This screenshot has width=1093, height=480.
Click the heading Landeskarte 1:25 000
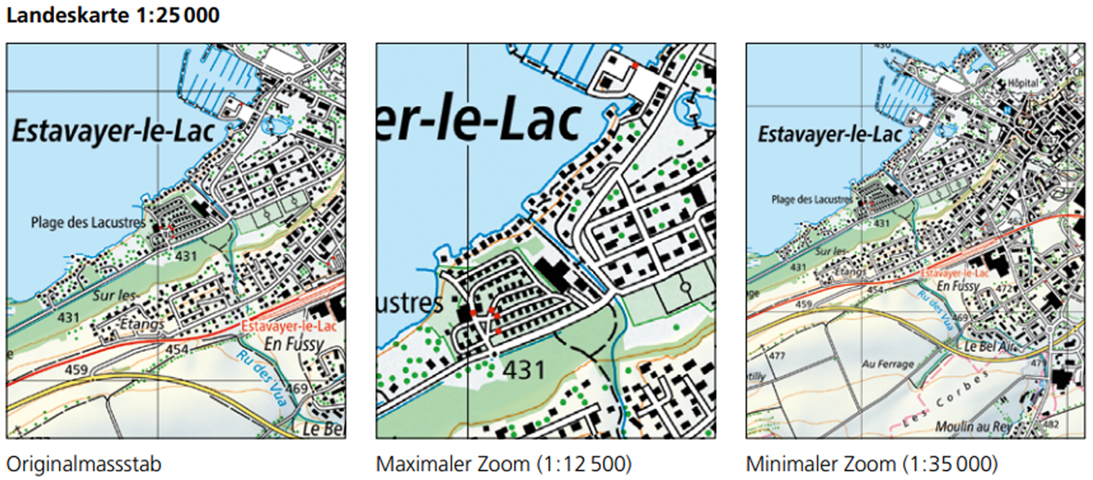click(113, 15)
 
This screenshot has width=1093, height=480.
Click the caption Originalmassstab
click(83, 465)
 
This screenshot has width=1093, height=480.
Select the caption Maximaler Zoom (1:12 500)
click(504, 465)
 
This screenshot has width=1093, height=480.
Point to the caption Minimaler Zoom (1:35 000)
click(872, 465)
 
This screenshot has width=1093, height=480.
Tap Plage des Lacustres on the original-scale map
click(89, 221)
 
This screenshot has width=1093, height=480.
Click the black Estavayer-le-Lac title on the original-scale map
click(113, 132)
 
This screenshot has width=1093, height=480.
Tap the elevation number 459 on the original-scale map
click(77, 370)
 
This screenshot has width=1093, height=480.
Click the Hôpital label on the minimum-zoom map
click(1021, 83)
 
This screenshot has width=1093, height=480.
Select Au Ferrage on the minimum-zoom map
click(887, 364)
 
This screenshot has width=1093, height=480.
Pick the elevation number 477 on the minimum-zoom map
click(778, 356)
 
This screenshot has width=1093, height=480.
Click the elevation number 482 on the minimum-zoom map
click(1074, 424)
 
